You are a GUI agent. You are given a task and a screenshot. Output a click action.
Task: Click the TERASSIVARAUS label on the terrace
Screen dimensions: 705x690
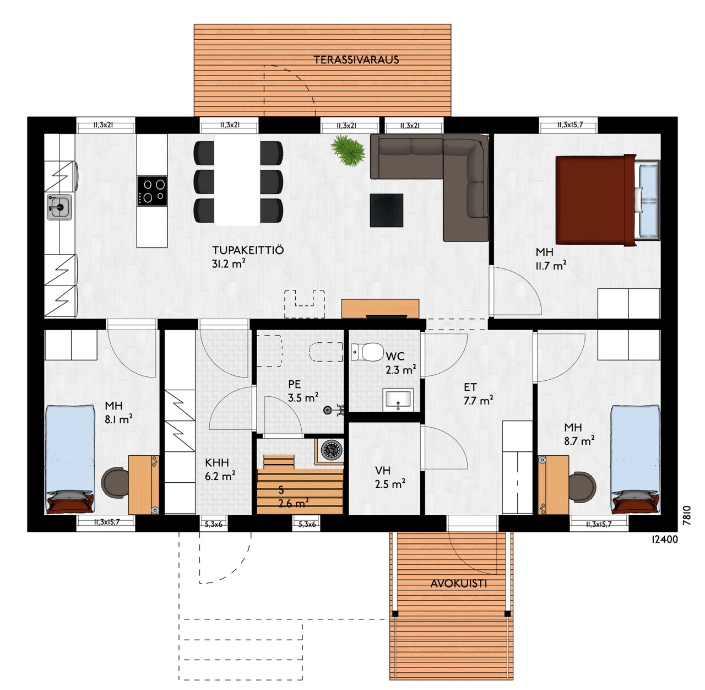click(356, 60)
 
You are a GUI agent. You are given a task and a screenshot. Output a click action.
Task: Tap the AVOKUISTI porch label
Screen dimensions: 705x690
click(458, 584)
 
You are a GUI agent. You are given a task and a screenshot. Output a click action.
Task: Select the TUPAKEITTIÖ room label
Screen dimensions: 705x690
click(248, 250)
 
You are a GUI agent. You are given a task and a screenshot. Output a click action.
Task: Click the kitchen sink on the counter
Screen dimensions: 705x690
click(59, 207)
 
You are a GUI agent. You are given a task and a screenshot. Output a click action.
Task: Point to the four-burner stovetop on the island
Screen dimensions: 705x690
click(152, 191)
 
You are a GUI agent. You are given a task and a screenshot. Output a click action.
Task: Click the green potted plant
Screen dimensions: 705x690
click(348, 150)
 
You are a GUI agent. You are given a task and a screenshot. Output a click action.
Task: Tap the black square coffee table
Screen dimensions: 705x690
click(387, 211)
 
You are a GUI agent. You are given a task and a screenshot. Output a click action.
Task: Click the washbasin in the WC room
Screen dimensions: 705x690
click(398, 400)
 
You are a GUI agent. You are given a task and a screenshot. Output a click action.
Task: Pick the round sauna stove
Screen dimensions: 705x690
click(332, 450)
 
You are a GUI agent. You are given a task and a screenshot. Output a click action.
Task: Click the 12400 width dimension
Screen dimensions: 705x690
click(664, 540)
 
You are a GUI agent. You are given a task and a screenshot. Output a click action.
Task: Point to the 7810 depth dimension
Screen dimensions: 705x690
click(686, 516)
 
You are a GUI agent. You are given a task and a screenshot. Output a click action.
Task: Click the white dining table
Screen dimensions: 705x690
click(237, 181)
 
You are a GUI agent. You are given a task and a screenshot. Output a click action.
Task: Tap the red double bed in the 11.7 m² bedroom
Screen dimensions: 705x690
click(608, 200)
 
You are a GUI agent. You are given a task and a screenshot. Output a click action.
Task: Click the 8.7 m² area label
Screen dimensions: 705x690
click(579, 441)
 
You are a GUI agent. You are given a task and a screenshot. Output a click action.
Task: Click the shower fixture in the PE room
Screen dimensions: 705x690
click(333, 409)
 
